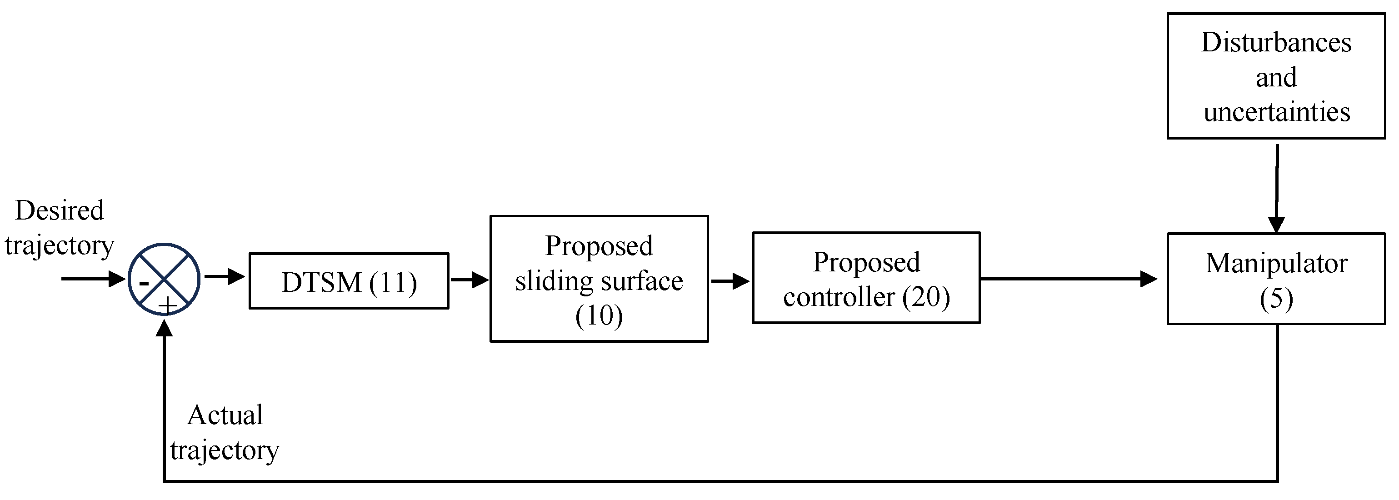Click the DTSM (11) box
click(x=349, y=281)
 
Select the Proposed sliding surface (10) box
click(x=599, y=279)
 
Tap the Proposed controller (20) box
click(x=866, y=278)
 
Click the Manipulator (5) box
click(x=1276, y=279)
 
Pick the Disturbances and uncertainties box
click(x=1276, y=76)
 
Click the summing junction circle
click(x=164, y=279)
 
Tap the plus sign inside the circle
click(x=168, y=305)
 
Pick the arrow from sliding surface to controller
click(x=730, y=281)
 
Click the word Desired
click(x=59, y=210)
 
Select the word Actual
click(x=225, y=415)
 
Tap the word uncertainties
click(x=1276, y=112)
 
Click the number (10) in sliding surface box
click(x=599, y=315)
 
